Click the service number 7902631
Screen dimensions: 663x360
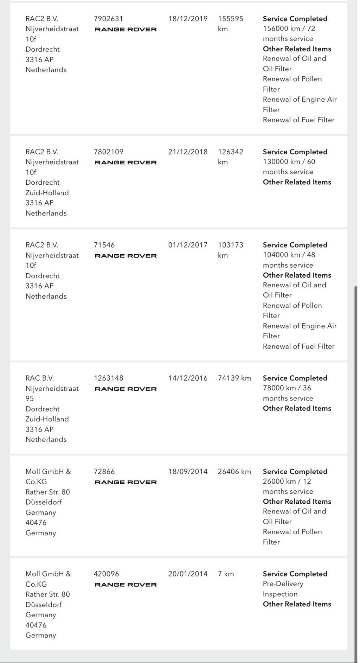click(108, 19)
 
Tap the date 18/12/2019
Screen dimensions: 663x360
click(188, 19)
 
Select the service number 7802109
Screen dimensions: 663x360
click(108, 152)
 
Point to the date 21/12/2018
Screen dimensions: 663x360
click(188, 152)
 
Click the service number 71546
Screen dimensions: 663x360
click(104, 245)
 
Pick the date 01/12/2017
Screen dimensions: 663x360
click(188, 245)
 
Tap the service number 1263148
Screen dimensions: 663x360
click(108, 378)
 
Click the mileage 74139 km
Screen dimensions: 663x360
click(234, 378)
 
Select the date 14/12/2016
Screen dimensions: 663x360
click(188, 378)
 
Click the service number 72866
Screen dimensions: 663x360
click(104, 472)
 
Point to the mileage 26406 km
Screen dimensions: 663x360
click(234, 472)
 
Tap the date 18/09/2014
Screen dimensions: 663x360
click(188, 472)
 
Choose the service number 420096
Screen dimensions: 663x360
click(106, 574)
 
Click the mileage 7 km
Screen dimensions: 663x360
click(226, 574)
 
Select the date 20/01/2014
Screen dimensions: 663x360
click(188, 574)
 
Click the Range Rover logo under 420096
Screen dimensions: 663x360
click(126, 585)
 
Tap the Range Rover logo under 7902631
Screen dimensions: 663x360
click(126, 30)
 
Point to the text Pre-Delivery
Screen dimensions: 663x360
click(283, 584)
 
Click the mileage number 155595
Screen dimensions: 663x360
click(230, 19)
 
